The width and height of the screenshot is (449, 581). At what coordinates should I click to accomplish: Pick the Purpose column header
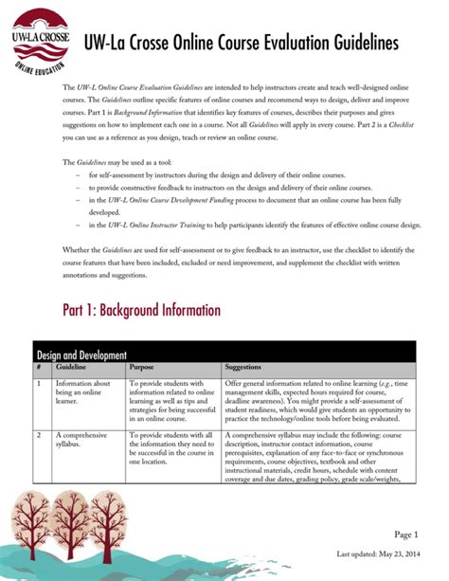pyautogui.click(x=142, y=366)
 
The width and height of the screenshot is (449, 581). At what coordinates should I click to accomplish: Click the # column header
pyautogui.click(x=38, y=366)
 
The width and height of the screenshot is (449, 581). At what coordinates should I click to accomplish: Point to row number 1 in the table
pyautogui.click(x=38, y=383)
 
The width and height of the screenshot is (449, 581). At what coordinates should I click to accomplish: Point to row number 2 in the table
pyautogui.click(x=38, y=434)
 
